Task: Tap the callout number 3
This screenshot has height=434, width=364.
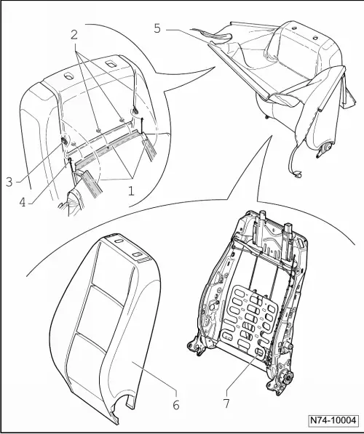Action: [x=9, y=181]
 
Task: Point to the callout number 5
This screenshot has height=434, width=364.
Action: [x=158, y=29]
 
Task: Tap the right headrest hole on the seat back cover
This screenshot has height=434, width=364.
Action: [x=111, y=66]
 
